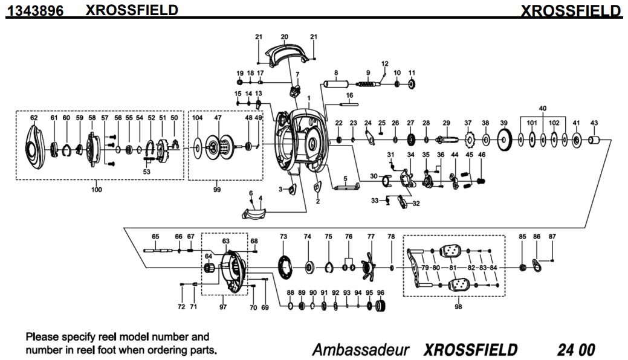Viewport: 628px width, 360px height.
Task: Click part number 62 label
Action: [x=34, y=118]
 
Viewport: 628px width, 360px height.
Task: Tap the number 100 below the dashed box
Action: [x=97, y=190]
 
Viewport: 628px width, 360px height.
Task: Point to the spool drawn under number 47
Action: [x=218, y=146]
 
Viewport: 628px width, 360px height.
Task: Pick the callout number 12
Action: [x=384, y=63]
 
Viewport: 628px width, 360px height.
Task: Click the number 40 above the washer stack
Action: [x=543, y=108]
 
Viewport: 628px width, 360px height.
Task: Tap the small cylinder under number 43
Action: [x=594, y=141]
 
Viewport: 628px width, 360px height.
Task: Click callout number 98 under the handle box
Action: [x=458, y=307]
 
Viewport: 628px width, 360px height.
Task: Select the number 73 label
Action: [x=283, y=237]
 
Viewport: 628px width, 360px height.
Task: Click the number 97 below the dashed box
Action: [x=223, y=307]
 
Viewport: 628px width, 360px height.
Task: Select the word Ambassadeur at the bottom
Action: [x=361, y=349]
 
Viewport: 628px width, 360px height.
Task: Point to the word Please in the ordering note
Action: [x=42, y=337]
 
